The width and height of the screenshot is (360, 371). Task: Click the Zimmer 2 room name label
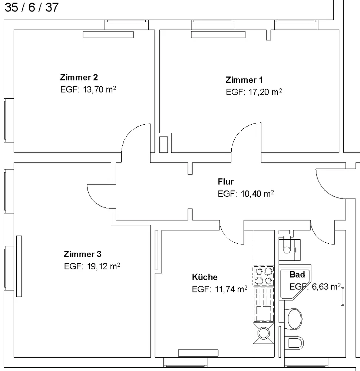79,78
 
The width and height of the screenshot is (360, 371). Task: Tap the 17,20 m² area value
265,92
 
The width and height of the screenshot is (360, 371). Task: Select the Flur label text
225,182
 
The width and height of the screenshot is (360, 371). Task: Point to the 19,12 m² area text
103,266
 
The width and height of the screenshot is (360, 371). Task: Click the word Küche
205,277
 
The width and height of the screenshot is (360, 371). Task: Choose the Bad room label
297,275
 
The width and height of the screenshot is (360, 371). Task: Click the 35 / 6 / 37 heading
32,7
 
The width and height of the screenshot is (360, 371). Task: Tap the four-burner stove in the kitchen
264,276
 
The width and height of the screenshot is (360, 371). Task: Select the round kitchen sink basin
264,333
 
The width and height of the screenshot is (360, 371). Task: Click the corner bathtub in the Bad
294,283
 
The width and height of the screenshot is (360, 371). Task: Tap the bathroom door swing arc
318,238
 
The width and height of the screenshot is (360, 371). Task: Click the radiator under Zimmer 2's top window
108,35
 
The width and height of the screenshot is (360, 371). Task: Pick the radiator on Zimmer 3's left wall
19,266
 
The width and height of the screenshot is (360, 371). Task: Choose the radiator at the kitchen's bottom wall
198,353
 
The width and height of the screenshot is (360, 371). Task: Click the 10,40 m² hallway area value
257,194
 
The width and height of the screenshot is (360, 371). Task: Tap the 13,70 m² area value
99,89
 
